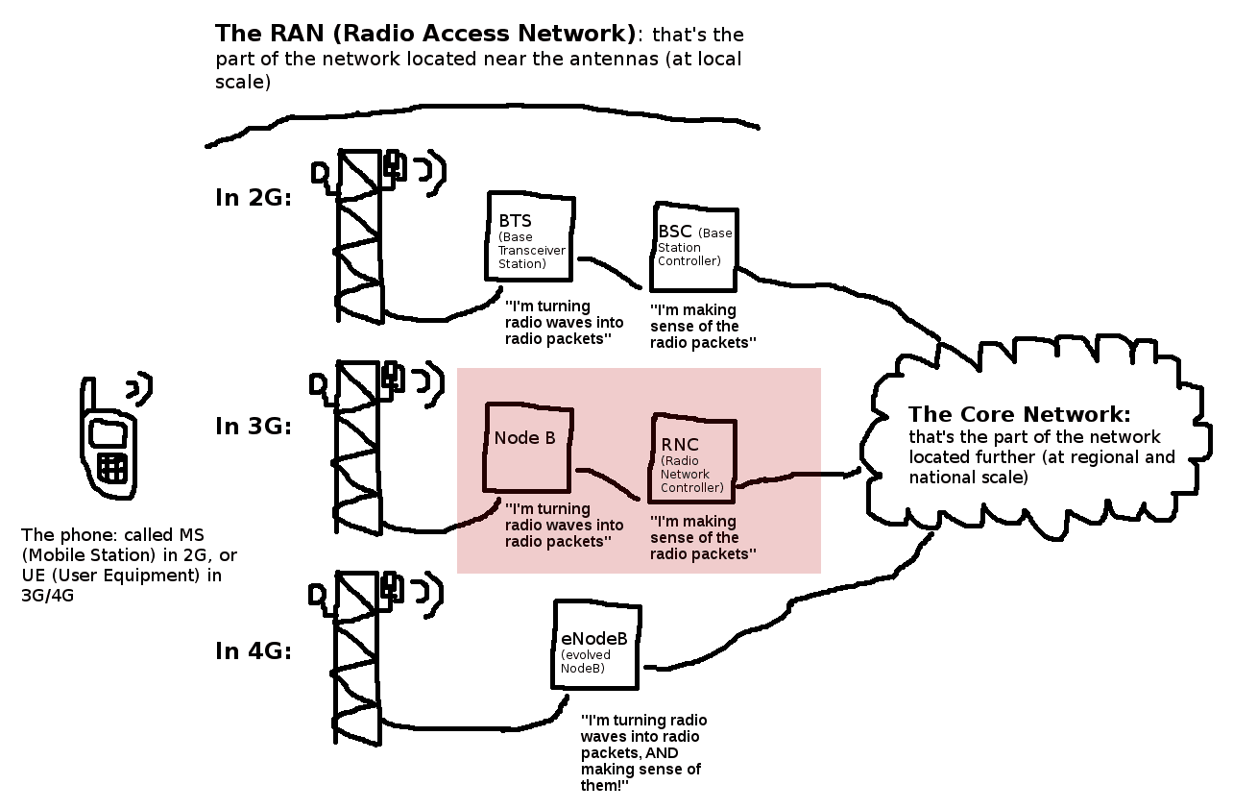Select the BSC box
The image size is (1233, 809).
(x=694, y=247)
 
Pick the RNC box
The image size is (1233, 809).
(x=692, y=458)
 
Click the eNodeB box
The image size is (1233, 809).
(x=595, y=646)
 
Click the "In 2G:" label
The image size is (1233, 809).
(x=253, y=199)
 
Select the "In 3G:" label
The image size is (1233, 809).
(x=253, y=427)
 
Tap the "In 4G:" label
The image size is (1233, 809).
(x=253, y=651)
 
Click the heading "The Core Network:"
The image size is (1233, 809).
(x=1019, y=415)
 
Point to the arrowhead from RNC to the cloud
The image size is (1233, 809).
(x=855, y=472)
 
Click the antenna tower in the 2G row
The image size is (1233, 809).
(x=357, y=240)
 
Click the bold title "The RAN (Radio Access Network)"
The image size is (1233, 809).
(x=425, y=35)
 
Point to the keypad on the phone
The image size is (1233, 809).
(x=112, y=467)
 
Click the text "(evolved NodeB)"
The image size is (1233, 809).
(x=585, y=662)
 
